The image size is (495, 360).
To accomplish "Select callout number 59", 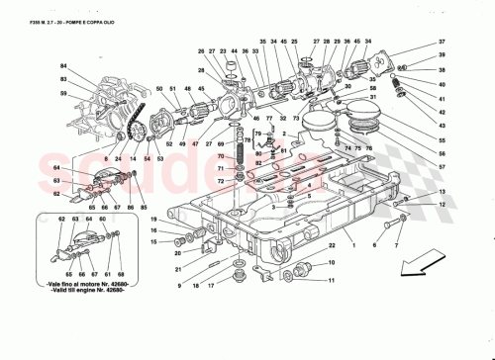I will click(62, 94).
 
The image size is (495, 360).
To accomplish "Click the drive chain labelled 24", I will click(128, 129).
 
